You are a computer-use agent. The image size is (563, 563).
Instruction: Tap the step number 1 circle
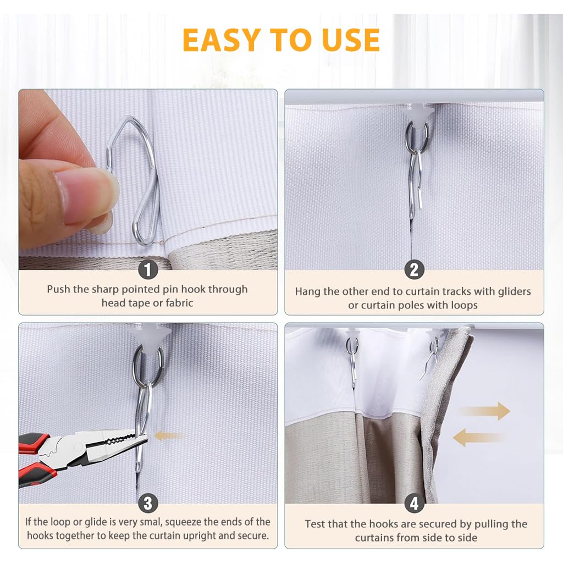pos(148,269)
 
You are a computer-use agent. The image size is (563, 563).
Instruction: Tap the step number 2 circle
pos(414,269)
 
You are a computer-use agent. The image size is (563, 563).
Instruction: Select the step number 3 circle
pos(148,503)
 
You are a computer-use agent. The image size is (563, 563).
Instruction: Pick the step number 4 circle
pos(414,503)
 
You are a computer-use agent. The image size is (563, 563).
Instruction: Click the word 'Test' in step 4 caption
pos(316,524)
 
